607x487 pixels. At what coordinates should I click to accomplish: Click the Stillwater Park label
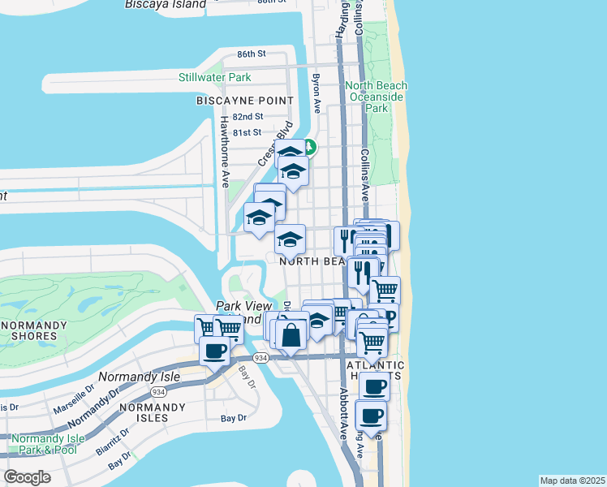[215, 78]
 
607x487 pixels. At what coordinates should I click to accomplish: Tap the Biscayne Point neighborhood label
[244, 101]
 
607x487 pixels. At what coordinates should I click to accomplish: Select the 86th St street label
[252, 54]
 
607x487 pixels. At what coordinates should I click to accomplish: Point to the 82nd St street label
[248, 117]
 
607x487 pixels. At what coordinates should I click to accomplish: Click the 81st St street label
[247, 132]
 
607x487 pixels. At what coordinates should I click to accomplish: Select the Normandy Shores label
[32, 331]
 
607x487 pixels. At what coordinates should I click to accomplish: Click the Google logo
[27, 476]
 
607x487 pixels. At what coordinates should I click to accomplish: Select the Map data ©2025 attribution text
[572, 481]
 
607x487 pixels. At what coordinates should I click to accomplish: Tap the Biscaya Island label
[166, 4]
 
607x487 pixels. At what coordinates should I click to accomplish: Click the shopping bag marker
[291, 334]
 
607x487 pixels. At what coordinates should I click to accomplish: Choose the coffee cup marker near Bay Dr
[215, 353]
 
